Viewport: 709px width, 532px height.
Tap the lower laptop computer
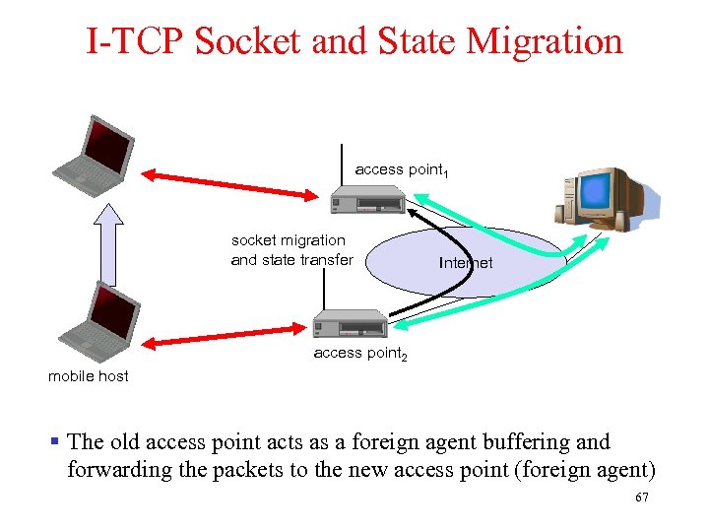pos(95,318)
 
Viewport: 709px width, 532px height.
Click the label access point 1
pos(402,170)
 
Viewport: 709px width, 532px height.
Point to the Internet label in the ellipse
pos(466,263)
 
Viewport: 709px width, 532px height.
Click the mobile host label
pos(89,376)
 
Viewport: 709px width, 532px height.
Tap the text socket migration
pos(289,240)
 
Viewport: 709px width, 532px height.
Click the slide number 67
pos(642,499)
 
